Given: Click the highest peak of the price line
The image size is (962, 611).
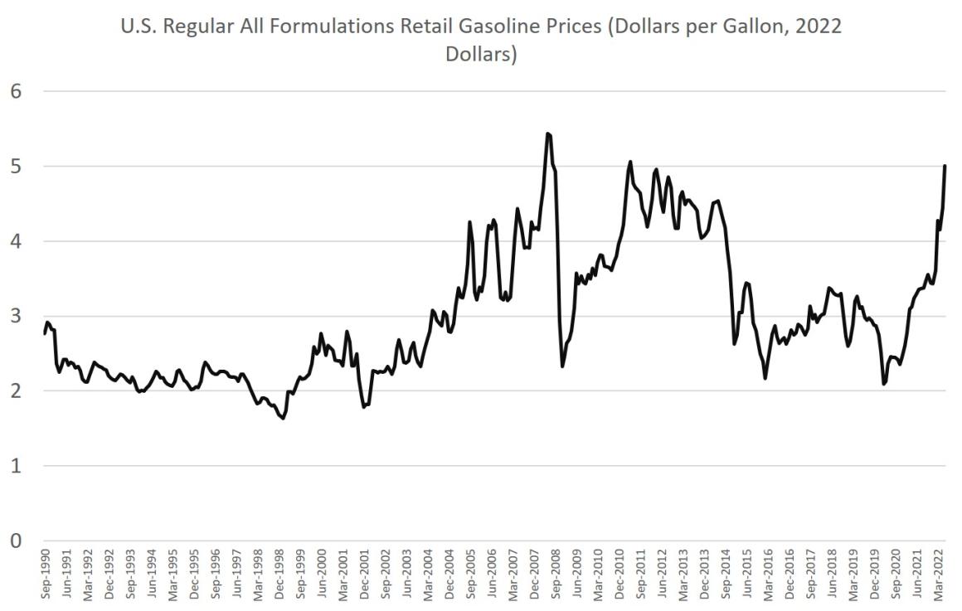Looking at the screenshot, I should point(548,133).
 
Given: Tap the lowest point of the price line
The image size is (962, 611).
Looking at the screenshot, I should point(284,419).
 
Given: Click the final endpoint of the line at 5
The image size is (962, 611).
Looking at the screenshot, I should point(945,166).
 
